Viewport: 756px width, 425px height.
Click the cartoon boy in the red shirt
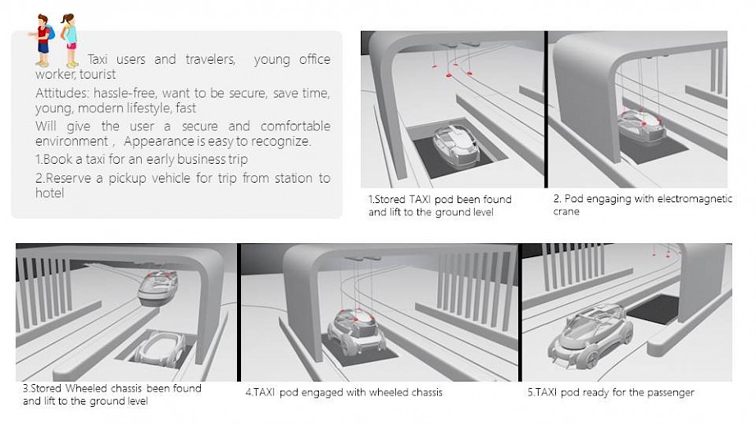43,40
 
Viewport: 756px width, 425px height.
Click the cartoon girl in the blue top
70,40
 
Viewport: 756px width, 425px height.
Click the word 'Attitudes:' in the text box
62,93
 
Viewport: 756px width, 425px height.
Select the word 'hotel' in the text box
50,192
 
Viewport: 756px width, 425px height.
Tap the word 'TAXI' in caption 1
420,199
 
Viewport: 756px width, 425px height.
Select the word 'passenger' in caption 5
671,393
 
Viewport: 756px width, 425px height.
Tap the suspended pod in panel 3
157,287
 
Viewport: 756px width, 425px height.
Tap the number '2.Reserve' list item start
63,179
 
